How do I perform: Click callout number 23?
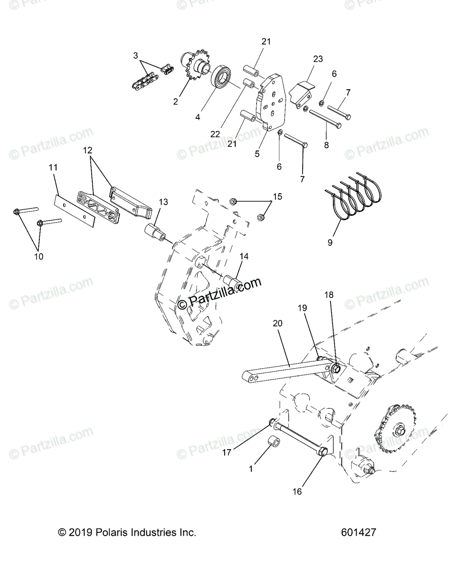point(318,59)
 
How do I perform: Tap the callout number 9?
point(330,243)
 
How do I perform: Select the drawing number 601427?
point(358,533)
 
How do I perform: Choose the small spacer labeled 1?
point(276,444)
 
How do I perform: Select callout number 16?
point(297,491)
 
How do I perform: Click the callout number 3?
point(136,56)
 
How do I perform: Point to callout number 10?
point(39,257)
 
